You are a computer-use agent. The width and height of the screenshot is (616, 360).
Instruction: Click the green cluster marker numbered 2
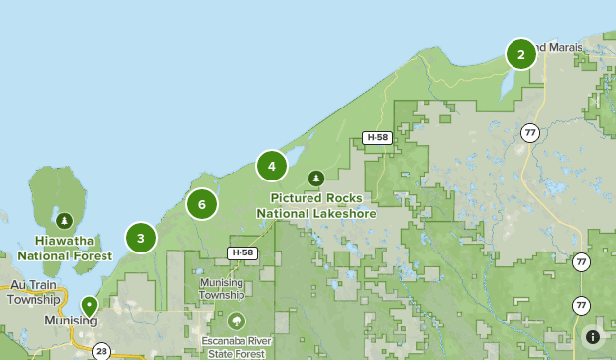pos(521,54)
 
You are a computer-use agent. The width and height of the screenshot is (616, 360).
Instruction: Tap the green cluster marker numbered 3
pos(141,238)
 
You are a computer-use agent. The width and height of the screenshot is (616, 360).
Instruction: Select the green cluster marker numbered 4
pos(272,166)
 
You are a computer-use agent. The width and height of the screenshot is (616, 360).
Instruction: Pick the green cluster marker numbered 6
pos(202,204)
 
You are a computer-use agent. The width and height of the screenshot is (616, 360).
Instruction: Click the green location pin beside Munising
pos(89,306)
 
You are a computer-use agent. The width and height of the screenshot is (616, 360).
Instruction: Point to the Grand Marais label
pos(558,47)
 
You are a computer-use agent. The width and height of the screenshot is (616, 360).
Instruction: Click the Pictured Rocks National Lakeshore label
pos(315,205)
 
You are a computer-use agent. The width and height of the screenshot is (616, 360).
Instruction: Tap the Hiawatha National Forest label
pos(64,248)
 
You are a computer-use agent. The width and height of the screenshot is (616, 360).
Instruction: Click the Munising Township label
pos(221,288)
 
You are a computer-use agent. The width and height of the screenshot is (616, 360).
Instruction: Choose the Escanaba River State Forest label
pos(237,348)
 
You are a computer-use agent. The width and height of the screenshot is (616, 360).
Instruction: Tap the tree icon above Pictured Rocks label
pos(315,179)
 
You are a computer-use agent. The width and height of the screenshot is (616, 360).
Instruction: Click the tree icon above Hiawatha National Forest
pos(64,220)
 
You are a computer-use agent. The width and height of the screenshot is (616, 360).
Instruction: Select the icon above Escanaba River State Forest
pos(237,322)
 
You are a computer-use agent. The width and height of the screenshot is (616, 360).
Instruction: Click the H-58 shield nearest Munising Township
pos(242,253)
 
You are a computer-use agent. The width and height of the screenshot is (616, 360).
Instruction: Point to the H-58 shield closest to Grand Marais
pos(376,137)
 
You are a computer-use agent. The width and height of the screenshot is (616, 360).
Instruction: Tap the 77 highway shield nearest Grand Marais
pos(531,132)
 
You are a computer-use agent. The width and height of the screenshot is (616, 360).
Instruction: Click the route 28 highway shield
pos(102,351)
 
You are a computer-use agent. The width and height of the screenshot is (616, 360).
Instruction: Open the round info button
pos(593,337)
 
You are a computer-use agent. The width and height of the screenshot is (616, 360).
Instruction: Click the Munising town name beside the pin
pos(71,322)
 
